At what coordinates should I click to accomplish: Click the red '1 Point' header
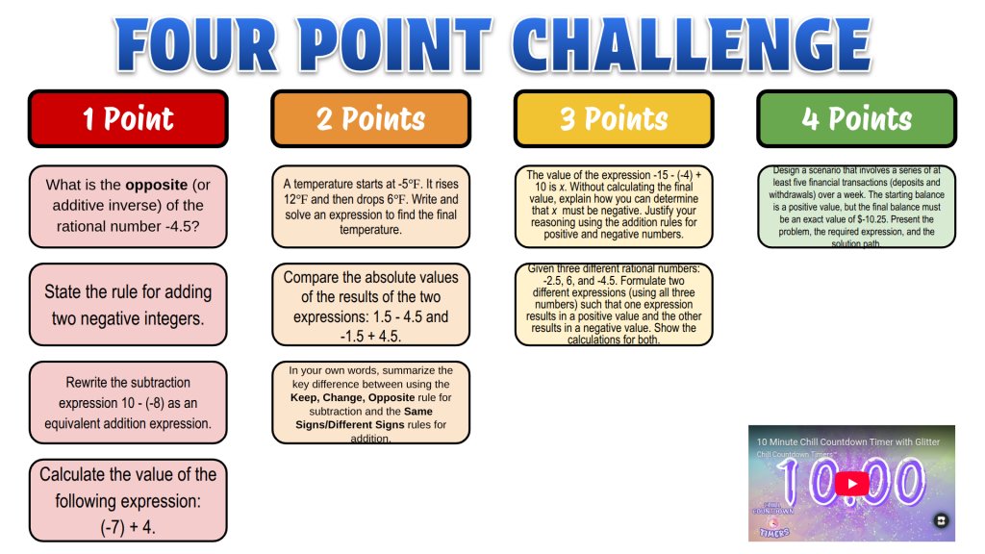click(128, 118)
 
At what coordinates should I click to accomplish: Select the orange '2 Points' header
click(370, 118)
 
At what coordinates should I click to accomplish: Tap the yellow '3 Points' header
click(614, 118)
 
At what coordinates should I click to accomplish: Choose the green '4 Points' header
click(856, 118)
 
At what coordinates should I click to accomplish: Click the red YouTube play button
click(851, 483)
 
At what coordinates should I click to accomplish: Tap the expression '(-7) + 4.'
click(128, 526)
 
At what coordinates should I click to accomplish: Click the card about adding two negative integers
click(128, 304)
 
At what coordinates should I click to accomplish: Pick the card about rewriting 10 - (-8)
click(128, 402)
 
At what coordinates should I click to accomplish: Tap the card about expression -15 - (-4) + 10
click(614, 204)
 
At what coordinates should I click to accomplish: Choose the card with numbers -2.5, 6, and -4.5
click(614, 304)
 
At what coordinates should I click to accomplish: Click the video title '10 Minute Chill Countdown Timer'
click(827, 441)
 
